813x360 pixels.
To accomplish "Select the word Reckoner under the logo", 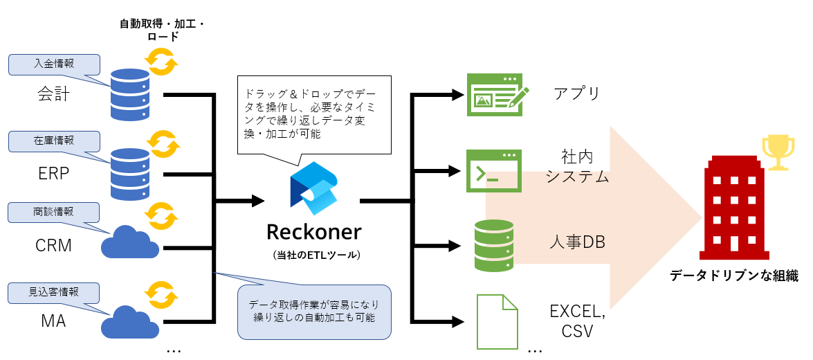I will point(314,231).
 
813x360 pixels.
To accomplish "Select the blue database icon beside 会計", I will point(129,94).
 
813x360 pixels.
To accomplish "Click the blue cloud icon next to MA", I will point(129,320).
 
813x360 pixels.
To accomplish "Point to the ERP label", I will point(54,173).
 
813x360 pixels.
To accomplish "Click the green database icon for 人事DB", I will point(494,245).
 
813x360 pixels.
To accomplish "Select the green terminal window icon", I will point(494,170).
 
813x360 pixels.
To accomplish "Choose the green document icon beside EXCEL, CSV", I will point(497,321).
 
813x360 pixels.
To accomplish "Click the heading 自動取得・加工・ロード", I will point(163,30).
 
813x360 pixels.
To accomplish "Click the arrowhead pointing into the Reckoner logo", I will point(258,201).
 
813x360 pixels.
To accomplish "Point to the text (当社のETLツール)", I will point(314,255).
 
